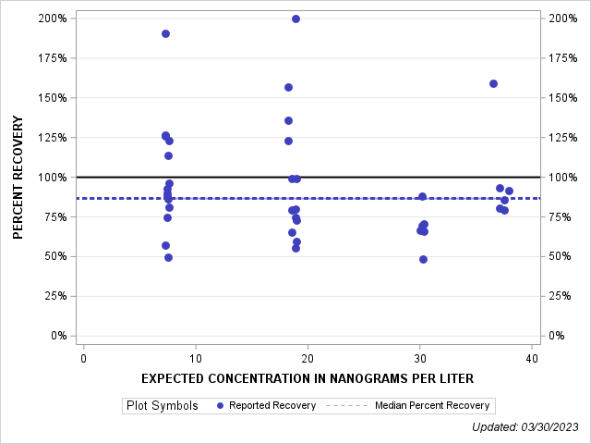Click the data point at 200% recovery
[x=295, y=18]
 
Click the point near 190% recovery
[x=165, y=33]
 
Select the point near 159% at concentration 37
[x=493, y=83]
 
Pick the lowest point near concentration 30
[x=423, y=259]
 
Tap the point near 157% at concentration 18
[x=288, y=87]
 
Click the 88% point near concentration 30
[x=422, y=196]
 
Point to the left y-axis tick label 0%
[x=57, y=336]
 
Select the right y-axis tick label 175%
[x=563, y=57]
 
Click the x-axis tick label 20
[x=308, y=358]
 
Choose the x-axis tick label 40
[x=531, y=358]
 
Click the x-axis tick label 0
[x=84, y=358]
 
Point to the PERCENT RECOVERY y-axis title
[x=18, y=177]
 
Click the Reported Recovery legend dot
[x=219, y=405]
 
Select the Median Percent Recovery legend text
[x=432, y=405]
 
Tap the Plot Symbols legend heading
[x=163, y=405]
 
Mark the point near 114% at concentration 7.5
[x=168, y=155]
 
